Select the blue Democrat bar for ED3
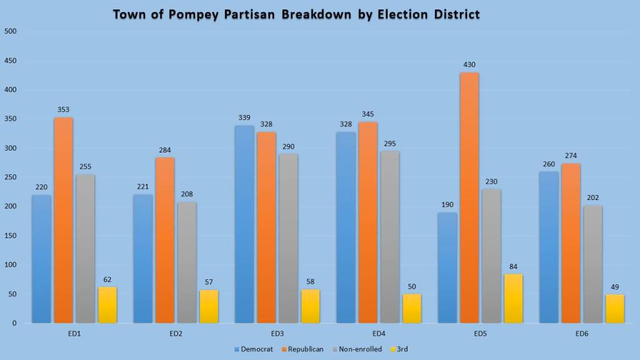tap(244, 224)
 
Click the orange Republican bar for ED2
tap(165, 241)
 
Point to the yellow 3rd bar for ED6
tap(614, 309)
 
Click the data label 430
tap(469, 65)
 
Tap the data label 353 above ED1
tap(64, 110)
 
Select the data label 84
tap(513, 267)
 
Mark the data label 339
tap(244, 117)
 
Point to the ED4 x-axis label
tap(379, 334)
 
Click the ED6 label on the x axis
tap(582, 334)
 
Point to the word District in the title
tap(450, 14)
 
